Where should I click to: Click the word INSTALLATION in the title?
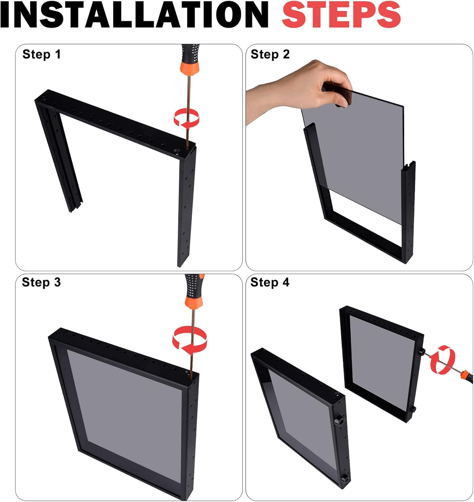(134, 15)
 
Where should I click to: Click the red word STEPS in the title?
(341, 15)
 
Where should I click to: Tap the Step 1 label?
(42, 54)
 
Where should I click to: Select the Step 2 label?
(270, 54)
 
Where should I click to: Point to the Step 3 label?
(41, 282)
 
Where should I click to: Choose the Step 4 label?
(270, 282)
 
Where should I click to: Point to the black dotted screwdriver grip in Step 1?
(190, 52)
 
